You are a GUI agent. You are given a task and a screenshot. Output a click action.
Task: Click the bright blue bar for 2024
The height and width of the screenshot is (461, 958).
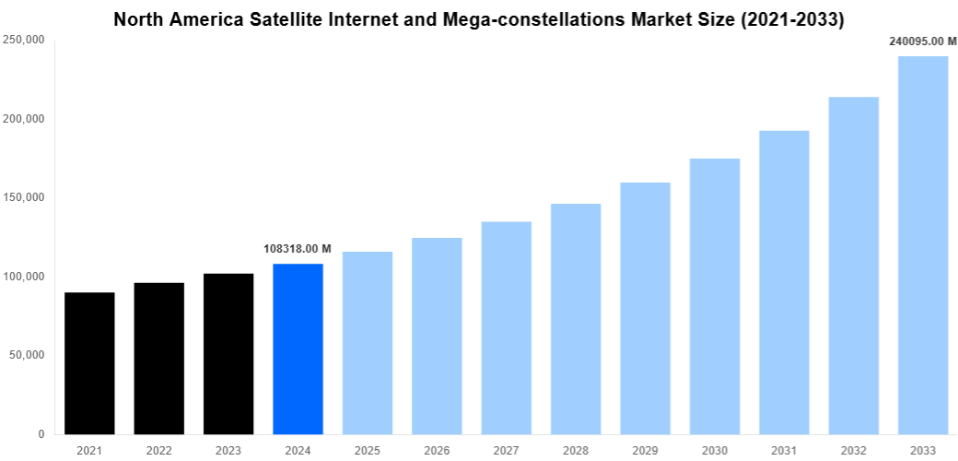point(298,349)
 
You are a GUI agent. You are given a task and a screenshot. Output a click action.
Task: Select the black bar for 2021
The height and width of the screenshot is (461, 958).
point(89,363)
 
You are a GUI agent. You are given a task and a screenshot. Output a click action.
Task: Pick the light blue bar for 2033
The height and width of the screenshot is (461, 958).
point(923,244)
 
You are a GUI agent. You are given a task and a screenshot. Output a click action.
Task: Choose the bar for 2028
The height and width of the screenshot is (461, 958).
point(576,318)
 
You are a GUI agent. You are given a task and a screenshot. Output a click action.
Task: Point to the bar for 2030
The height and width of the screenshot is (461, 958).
point(715,296)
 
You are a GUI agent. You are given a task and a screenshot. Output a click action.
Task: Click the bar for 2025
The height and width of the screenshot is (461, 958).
point(368,342)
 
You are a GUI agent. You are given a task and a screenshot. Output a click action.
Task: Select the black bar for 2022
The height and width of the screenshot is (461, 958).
point(158,358)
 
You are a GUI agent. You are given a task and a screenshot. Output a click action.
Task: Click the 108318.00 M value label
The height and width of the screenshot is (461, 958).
point(298,249)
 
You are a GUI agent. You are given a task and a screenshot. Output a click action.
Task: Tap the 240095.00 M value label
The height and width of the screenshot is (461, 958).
point(922,41)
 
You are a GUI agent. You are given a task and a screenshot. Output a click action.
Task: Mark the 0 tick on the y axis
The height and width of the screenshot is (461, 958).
point(42,433)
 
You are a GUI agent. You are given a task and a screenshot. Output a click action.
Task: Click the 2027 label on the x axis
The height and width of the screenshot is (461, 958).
point(506,450)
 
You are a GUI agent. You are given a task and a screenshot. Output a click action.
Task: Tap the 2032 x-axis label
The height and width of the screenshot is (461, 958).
point(853,450)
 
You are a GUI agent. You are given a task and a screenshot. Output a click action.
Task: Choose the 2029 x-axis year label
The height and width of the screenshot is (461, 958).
point(645,450)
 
